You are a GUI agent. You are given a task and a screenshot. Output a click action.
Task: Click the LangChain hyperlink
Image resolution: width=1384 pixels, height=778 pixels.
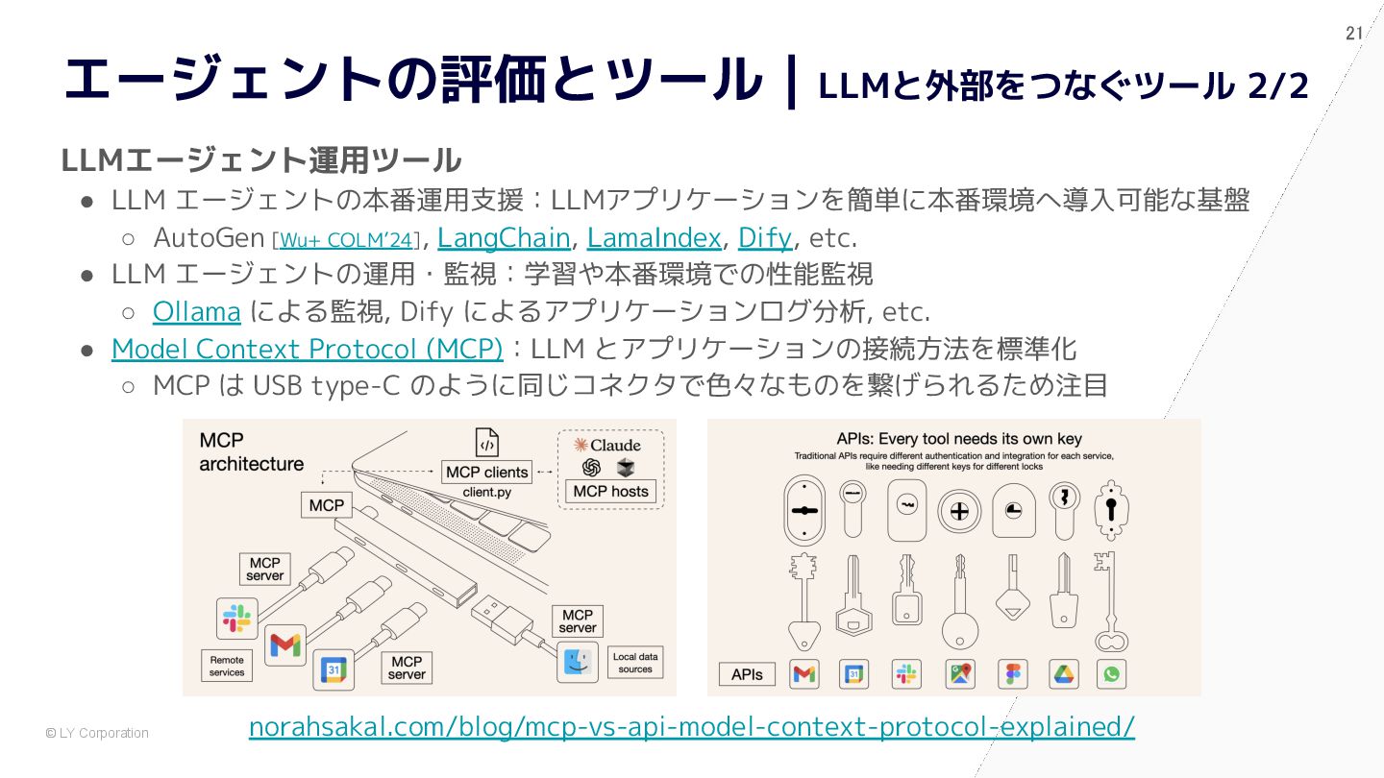click(504, 238)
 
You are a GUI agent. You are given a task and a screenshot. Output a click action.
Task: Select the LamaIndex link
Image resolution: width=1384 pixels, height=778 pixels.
click(654, 238)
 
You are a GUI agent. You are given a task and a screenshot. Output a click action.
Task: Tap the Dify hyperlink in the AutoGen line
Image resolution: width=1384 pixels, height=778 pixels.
click(765, 238)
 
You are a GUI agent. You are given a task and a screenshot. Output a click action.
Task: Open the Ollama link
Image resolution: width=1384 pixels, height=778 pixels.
click(196, 312)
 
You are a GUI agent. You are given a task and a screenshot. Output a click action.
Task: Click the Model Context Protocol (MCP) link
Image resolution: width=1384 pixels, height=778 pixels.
click(308, 350)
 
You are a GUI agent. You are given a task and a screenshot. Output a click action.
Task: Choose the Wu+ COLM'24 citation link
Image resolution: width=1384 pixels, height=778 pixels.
click(346, 240)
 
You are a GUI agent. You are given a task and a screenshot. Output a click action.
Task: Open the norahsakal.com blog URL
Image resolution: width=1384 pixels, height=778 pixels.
click(691, 727)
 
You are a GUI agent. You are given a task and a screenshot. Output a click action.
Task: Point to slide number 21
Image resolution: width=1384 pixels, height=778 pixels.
click(1353, 34)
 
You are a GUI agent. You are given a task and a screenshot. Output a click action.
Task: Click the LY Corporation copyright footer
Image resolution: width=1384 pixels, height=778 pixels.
click(97, 733)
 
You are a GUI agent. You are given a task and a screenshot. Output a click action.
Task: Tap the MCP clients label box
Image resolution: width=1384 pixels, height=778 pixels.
click(487, 473)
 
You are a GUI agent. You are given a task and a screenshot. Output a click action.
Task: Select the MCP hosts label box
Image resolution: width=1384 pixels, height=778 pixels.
click(610, 492)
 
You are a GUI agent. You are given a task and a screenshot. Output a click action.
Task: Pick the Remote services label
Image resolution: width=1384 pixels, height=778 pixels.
click(227, 666)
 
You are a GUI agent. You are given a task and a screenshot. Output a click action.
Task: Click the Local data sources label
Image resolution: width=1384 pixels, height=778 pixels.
click(635, 663)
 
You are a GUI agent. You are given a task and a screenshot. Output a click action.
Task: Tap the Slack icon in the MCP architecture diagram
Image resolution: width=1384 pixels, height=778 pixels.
click(236, 619)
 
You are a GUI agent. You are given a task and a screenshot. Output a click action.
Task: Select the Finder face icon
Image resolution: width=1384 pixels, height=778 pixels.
click(577, 662)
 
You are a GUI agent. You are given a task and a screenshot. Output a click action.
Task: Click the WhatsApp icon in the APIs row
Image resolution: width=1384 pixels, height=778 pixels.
click(1111, 674)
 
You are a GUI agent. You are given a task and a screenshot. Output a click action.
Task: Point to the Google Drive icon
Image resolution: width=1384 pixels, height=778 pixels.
click(1063, 674)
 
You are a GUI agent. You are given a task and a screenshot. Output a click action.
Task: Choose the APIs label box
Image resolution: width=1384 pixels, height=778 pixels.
click(747, 675)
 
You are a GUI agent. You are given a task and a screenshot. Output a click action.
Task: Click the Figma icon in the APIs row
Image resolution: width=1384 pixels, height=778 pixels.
click(1013, 674)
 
